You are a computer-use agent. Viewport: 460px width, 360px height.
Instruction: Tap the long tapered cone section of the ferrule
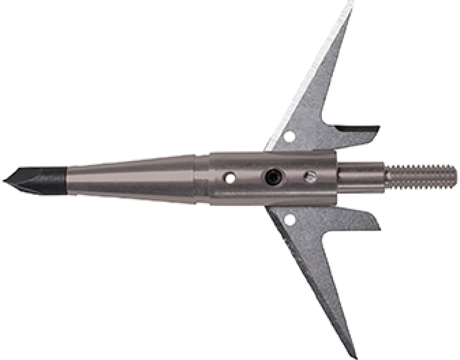coord(133,178)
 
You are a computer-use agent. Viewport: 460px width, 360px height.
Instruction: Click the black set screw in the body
coord(273,177)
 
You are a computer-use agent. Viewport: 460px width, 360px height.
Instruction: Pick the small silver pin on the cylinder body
coord(310,177)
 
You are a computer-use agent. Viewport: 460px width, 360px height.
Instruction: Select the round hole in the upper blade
coord(289,136)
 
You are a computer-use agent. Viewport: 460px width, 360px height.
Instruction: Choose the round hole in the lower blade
coord(290,220)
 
